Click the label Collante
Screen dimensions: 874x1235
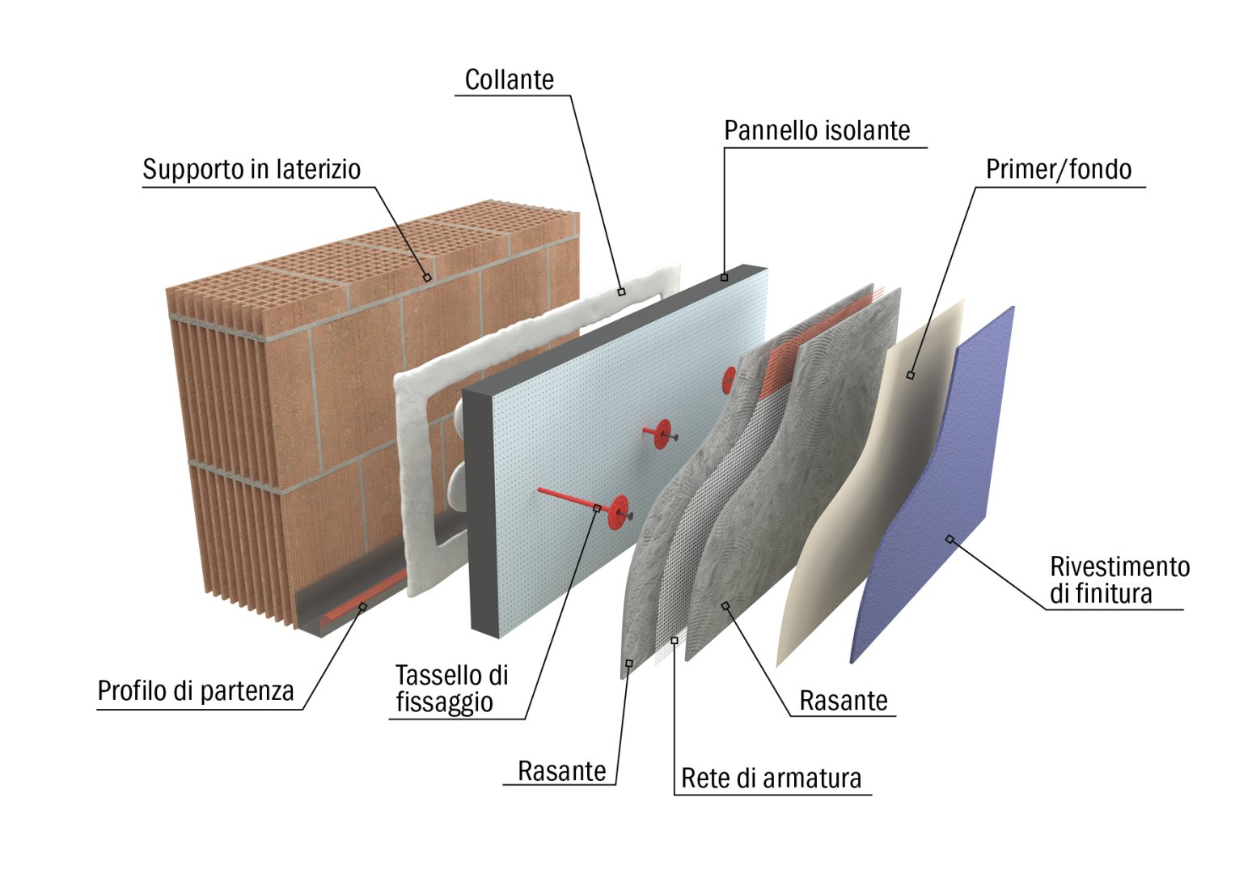pos(509,80)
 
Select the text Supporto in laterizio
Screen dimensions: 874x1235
pos(252,169)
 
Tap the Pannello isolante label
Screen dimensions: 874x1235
pos(817,130)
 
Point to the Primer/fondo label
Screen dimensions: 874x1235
pos(1058,169)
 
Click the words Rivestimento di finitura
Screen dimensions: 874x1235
pos(1119,579)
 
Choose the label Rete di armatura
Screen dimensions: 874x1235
pos(771,778)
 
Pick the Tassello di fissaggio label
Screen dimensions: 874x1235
pos(451,688)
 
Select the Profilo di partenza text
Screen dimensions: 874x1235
pos(196,691)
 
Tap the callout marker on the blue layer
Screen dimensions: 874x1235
pos(950,539)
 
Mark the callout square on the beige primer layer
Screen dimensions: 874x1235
pos(911,375)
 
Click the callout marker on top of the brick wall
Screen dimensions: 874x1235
pos(427,278)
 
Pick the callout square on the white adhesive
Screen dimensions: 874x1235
pos(621,291)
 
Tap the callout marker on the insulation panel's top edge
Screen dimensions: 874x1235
pos(724,278)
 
